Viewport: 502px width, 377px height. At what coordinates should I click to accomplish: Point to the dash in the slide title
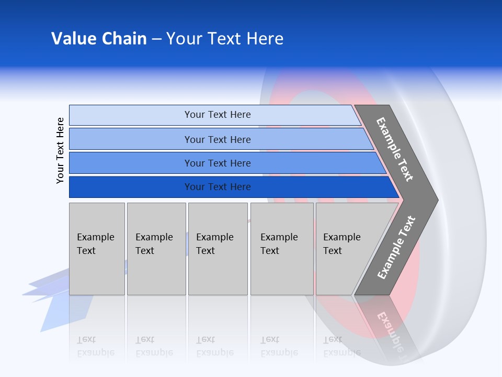(156, 39)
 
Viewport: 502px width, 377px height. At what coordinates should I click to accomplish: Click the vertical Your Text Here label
(60, 150)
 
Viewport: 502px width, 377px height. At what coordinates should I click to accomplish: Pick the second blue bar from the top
(217, 139)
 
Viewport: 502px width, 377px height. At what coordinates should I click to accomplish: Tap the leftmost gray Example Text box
(97, 248)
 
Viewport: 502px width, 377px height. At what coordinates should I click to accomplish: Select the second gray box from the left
(156, 248)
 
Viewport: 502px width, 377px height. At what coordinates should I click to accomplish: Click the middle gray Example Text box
(218, 248)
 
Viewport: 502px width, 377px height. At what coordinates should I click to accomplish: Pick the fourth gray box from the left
(282, 248)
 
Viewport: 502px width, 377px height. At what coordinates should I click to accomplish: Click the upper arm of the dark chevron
(394, 149)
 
